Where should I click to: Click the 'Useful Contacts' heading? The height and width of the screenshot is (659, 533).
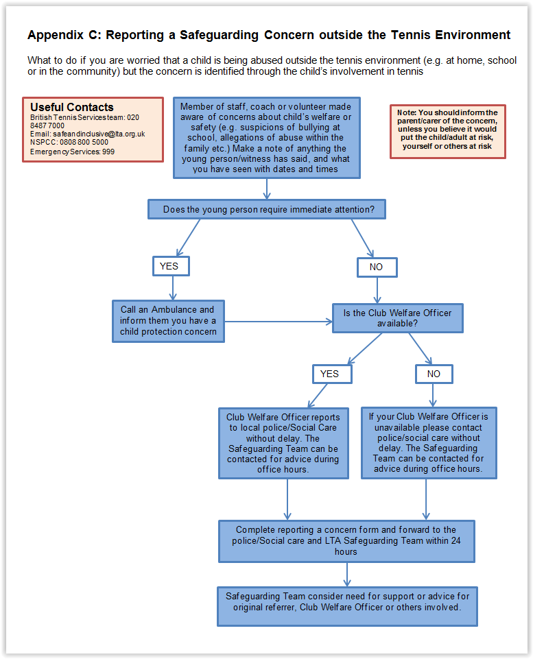click(x=72, y=107)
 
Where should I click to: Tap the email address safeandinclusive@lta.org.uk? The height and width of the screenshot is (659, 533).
click(x=99, y=134)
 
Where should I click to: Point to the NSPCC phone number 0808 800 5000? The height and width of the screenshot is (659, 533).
click(x=84, y=142)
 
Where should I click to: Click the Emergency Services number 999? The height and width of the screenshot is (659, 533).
click(x=108, y=152)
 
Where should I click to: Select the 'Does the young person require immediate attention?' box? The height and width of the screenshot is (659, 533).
click(x=267, y=209)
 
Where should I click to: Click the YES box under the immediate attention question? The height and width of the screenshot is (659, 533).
click(x=171, y=266)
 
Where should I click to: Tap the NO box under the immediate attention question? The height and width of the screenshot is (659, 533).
click(x=377, y=267)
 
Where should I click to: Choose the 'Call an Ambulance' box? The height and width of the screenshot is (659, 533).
click(x=168, y=321)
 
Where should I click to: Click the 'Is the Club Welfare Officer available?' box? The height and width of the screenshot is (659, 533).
click(x=398, y=318)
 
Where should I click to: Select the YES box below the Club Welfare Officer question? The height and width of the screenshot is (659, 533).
click(x=332, y=374)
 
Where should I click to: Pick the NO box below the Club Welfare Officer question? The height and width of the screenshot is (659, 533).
click(x=434, y=374)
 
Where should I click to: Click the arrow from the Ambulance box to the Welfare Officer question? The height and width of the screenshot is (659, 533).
click(x=279, y=322)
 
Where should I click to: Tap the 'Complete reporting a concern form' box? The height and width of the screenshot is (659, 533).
click(x=347, y=541)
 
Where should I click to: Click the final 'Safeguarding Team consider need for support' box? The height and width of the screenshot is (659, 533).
click(x=347, y=606)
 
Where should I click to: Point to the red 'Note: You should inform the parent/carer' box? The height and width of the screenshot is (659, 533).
click(x=448, y=132)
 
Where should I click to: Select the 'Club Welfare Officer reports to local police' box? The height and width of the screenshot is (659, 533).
click(x=283, y=444)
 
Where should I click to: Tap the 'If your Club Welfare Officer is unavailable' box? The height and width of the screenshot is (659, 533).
click(x=429, y=443)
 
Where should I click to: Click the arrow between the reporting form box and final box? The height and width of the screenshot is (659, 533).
click(x=347, y=575)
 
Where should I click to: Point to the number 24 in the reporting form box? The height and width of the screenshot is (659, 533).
click(x=456, y=541)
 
